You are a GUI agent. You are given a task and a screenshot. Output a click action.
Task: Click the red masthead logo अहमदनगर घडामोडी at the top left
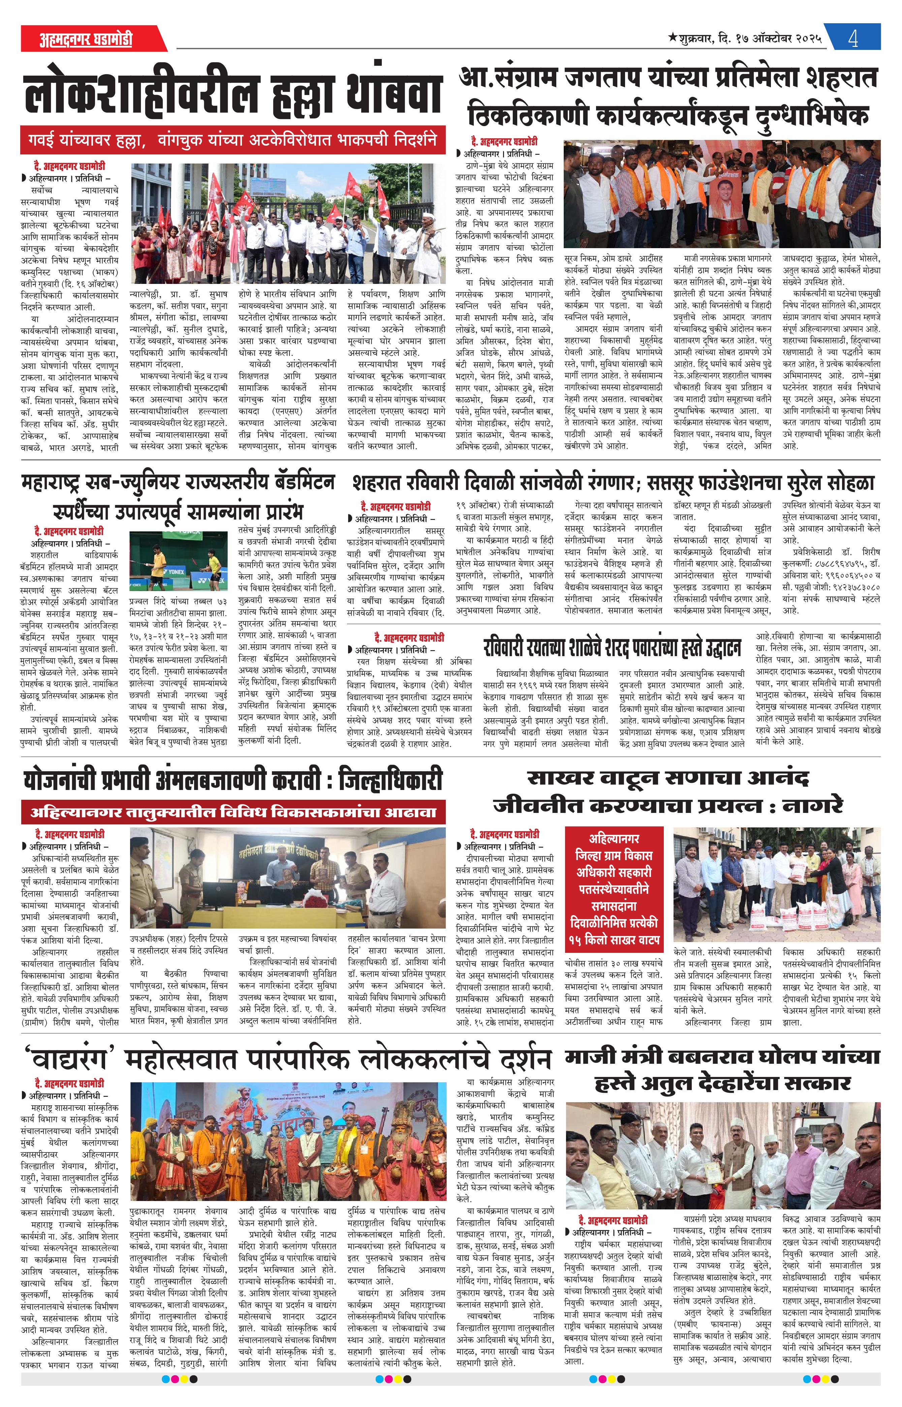coord(86,39)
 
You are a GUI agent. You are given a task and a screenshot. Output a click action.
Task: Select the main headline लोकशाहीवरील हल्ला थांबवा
coord(233,94)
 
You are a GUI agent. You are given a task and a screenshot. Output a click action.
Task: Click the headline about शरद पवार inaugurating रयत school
coord(612,648)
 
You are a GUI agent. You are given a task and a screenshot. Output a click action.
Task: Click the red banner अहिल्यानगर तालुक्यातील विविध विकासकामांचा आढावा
coord(233,812)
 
